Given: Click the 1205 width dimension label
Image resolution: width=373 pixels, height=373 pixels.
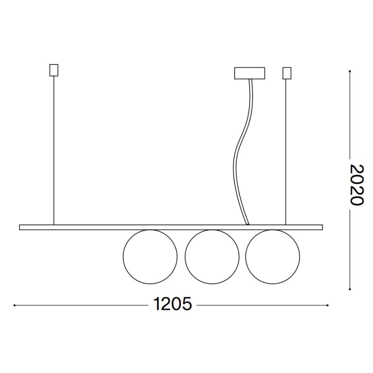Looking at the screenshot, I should pos(172,305).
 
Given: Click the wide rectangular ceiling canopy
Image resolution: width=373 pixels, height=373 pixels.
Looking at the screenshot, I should pos(249,73).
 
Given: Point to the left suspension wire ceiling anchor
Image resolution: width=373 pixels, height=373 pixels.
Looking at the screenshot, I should pos(54,70).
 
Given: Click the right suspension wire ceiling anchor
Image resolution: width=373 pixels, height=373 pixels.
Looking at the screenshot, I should pos(287,73).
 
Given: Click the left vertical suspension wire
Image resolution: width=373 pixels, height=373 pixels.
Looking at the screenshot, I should pos(54,150).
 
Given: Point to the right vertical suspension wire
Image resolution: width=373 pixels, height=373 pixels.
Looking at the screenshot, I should pos(287,150).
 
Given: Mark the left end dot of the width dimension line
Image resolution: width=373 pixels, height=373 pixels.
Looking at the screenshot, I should pos(15,305).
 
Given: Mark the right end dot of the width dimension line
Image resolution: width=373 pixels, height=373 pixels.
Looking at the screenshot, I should pos(327,305).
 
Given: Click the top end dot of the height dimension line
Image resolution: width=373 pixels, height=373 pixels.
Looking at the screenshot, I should pos(351,71).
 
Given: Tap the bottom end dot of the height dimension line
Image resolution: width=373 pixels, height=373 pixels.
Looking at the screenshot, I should pos(351,289).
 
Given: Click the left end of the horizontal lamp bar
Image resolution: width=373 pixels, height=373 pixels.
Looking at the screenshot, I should pos(21,227).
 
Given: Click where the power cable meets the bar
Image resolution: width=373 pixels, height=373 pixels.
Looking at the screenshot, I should pos(247,223).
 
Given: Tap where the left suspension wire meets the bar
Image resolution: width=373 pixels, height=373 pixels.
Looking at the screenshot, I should pos(54,224).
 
